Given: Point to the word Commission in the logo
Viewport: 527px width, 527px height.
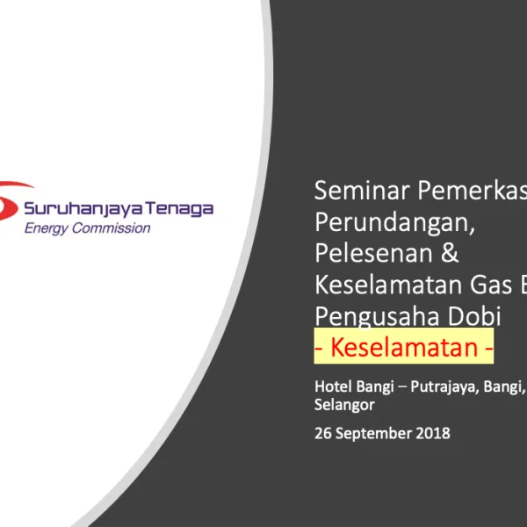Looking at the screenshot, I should [114, 228].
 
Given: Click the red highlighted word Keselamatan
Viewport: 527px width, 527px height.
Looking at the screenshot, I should [404, 348].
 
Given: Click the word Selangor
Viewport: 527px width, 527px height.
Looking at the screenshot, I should [344, 405].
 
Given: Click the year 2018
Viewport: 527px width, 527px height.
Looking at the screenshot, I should [432, 433].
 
